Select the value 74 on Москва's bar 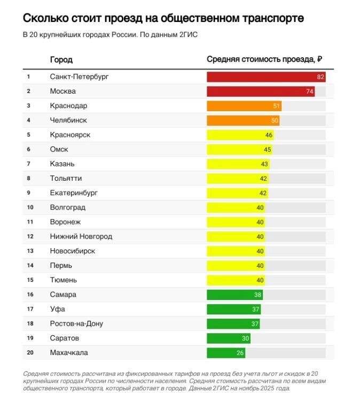coord(309,91)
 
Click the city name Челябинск coord(68,120)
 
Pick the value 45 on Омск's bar coord(268,150)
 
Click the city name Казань coord(62,164)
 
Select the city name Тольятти coord(66,178)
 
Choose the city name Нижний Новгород coord(81,236)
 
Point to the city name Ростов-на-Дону coord(76,323)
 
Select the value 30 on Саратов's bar coord(245,338)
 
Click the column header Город coord(61,59)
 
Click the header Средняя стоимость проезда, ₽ coord(264,59)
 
